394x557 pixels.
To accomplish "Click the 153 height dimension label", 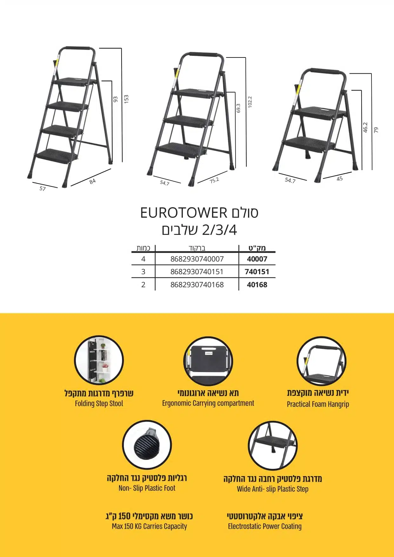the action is coord(126,99).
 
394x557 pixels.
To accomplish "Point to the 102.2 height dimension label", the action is coord(250,102).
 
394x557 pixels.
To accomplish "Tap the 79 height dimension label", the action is coord(376,130).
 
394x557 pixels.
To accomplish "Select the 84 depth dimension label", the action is coord(92,182).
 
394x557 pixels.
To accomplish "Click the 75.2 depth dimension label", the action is coord(214,180).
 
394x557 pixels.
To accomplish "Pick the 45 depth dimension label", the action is coord(340,179).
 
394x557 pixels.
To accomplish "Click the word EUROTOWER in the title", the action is coord(184,213).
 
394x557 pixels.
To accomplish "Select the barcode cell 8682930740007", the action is coord(197,259).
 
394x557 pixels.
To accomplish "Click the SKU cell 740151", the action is coord(257,272).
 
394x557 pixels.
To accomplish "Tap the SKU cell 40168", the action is coord(257,285).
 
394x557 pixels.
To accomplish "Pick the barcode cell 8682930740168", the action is coord(197,285).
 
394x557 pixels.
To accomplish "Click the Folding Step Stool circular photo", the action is coord(99,360).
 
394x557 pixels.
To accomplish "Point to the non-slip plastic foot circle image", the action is coord(147,445).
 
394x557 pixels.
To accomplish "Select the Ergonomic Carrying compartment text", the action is coord(208,403).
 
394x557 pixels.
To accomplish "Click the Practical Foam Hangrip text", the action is coord(318,404).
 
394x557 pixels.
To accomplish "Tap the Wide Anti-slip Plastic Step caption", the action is coord(273,489).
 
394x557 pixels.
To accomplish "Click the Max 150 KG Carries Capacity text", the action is coord(149,526).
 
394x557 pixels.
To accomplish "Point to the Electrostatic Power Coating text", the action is coord(265,526).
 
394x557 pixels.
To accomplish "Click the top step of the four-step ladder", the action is coord(75,81).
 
